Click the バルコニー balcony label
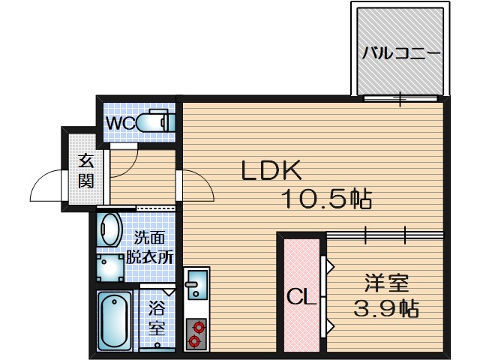400,53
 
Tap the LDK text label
271,171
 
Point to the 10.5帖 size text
327,199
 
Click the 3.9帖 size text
386,307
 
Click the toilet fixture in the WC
157,122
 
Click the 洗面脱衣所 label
149,247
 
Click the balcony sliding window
400,98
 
